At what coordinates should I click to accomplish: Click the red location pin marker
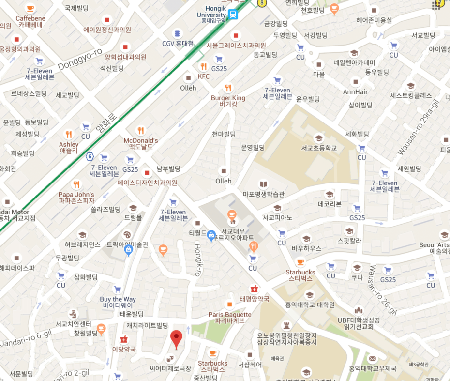point(177,339)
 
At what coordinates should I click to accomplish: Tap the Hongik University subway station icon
point(234,14)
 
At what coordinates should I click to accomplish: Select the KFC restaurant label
point(204,76)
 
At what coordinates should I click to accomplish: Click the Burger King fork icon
point(228,88)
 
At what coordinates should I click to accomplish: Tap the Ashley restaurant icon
point(69,135)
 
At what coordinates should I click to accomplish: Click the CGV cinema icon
point(177,33)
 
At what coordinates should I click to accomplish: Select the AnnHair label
point(355,92)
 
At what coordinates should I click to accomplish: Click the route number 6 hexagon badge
point(90,156)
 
